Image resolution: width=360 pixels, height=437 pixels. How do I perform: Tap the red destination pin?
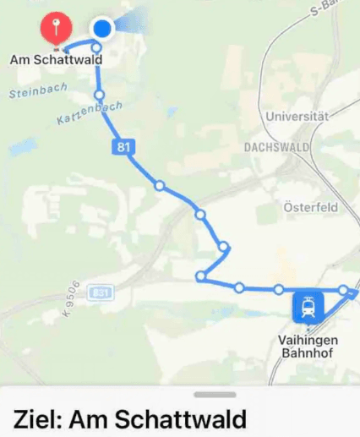(x=56, y=29)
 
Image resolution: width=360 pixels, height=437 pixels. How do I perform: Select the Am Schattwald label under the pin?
(x=56, y=60)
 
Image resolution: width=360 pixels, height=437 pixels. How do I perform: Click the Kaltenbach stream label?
(x=90, y=112)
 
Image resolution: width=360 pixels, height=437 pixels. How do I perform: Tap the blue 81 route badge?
(x=124, y=147)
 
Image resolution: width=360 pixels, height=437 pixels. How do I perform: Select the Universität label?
(x=295, y=115)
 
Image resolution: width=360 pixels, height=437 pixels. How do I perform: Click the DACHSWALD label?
(x=278, y=146)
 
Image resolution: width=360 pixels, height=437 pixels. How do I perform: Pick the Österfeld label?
(x=310, y=207)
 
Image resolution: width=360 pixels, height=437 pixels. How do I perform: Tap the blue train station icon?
(x=308, y=308)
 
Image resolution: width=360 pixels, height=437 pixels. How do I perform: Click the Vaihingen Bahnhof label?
(x=308, y=346)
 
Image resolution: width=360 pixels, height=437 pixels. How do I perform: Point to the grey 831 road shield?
(x=100, y=292)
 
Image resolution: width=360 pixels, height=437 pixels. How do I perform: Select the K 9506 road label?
(x=71, y=299)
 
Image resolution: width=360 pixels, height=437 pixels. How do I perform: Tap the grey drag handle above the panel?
(x=215, y=394)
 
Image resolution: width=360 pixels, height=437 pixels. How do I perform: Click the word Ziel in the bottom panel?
(x=35, y=419)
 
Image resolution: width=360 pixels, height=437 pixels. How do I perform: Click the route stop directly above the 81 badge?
(x=100, y=95)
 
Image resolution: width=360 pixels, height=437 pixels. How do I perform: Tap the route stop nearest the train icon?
(x=279, y=290)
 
